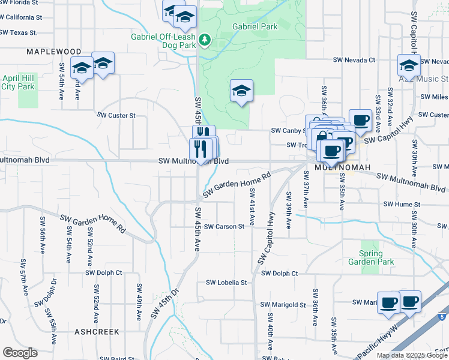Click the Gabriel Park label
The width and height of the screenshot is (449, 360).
point(256,26)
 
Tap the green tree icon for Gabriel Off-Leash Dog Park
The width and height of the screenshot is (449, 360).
point(205,40)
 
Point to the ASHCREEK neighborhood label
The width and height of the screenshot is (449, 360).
point(97,331)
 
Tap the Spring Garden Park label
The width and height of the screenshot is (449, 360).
point(372,257)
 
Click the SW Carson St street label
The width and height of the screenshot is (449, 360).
point(224,227)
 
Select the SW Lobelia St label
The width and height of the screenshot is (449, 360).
point(226,282)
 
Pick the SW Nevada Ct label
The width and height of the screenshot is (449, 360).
point(354,60)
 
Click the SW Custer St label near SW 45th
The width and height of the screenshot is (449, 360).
point(116,115)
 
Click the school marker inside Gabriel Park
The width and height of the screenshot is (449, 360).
point(241,91)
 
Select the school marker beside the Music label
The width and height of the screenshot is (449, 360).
point(409,65)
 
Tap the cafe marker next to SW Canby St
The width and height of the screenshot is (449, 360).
point(360,120)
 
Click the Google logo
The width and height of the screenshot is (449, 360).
point(20,353)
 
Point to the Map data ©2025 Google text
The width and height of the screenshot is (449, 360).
point(412,355)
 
